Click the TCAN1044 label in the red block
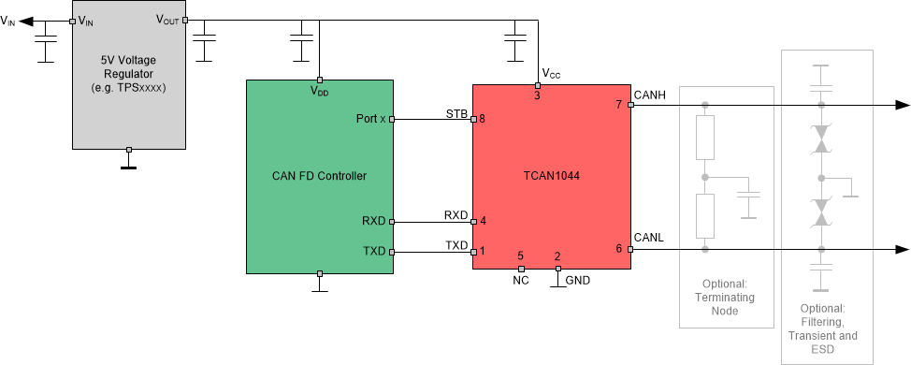tap(550, 176)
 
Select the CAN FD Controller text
tap(319, 176)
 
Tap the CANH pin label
tap(649, 95)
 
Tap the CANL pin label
tap(648, 238)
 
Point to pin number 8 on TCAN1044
tap(482, 119)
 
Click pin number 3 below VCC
tap(537, 95)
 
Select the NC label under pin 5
tap(521, 280)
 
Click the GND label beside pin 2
tap(577, 280)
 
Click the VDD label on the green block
tap(319, 91)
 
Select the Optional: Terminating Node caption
tap(728, 298)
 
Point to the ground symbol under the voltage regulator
tap(129, 168)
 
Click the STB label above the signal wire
tap(455, 113)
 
